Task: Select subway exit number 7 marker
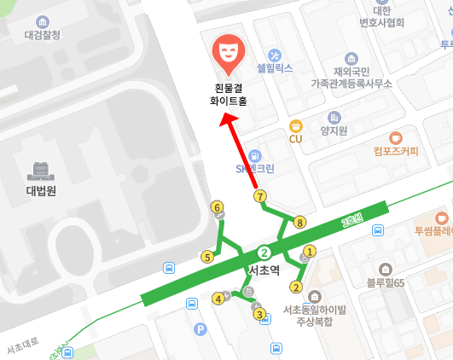pyautogui.click(x=259, y=196)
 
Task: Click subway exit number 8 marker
pyautogui.click(x=299, y=223)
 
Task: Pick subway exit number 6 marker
pyautogui.click(x=218, y=207)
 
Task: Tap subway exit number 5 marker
pyautogui.click(x=206, y=256)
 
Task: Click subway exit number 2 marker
pyautogui.click(x=296, y=287)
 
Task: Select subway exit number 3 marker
pyautogui.click(x=258, y=313)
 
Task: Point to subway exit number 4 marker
pyautogui.click(x=218, y=299)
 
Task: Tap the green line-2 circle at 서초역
pyautogui.click(x=264, y=253)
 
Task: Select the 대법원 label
pyautogui.click(x=40, y=191)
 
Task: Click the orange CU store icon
pyautogui.click(x=296, y=125)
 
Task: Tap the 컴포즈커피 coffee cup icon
pyautogui.click(x=395, y=138)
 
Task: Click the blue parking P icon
pyautogui.click(x=200, y=328)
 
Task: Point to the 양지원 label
pyautogui.click(x=333, y=131)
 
